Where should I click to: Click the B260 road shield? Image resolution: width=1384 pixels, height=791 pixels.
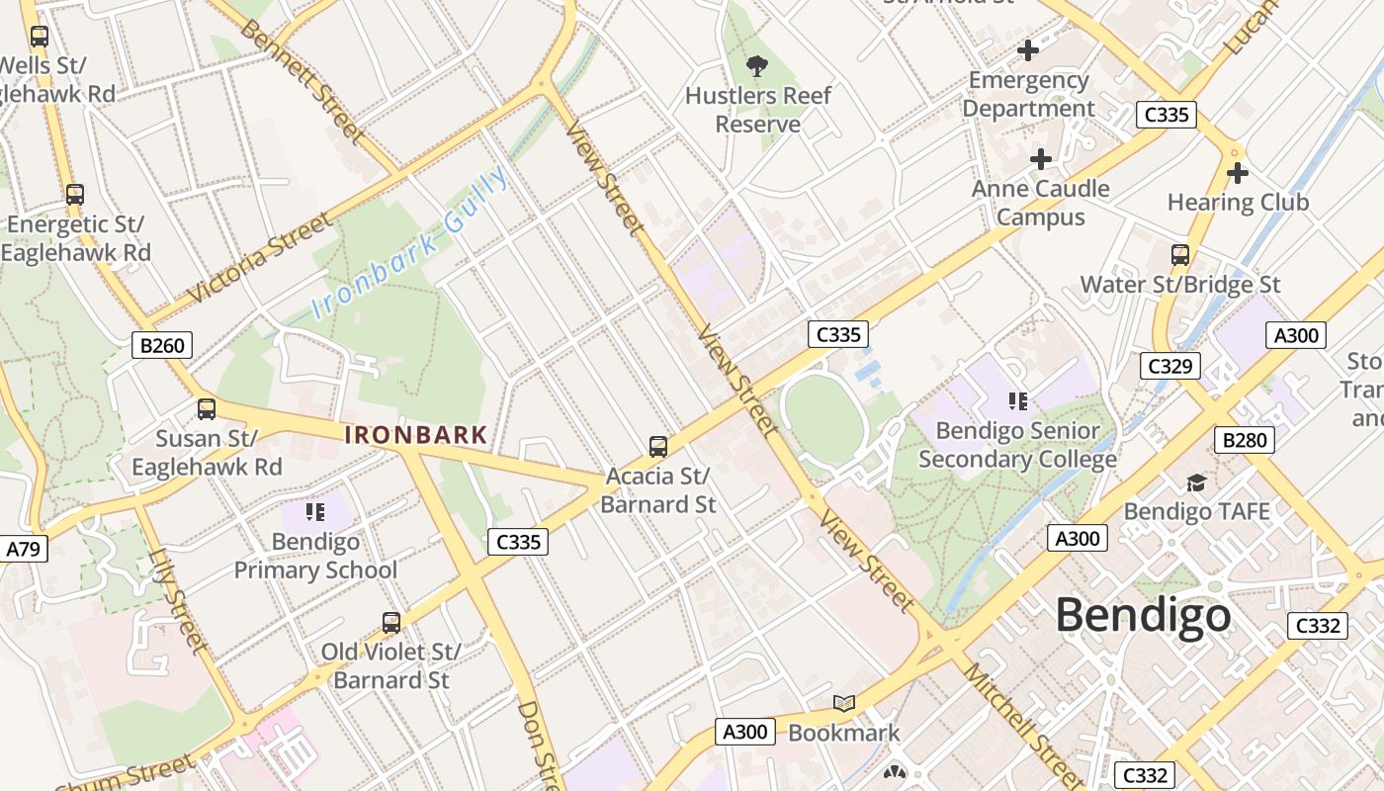tap(161, 345)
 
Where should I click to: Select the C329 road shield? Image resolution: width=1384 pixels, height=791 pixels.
tap(1169, 366)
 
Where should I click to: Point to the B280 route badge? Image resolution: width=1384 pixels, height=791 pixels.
tap(1244, 440)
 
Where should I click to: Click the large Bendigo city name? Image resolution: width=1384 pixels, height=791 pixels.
tap(1143, 615)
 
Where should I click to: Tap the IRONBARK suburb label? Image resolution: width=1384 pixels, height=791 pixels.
tap(415, 435)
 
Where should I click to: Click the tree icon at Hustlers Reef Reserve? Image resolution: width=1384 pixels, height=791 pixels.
tap(757, 66)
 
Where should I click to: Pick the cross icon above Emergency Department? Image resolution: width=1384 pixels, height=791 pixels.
tap(1028, 50)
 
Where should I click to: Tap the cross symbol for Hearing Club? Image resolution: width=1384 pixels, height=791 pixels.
tap(1237, 174)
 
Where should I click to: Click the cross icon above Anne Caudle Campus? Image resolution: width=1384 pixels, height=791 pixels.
tap(1040, 159)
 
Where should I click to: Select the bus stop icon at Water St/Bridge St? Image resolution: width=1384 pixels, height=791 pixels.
tap(1179, 255)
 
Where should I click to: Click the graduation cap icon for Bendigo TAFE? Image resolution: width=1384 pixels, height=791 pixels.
tap(1196, 483)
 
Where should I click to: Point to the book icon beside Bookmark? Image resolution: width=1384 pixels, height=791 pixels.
tap(843, 703)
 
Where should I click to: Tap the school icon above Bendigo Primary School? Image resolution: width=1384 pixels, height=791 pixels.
tap(315, 512)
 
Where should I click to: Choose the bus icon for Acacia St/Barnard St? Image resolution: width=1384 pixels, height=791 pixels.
tap(658, 447)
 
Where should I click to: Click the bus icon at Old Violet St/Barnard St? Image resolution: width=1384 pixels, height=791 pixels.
tap(391, 623)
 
